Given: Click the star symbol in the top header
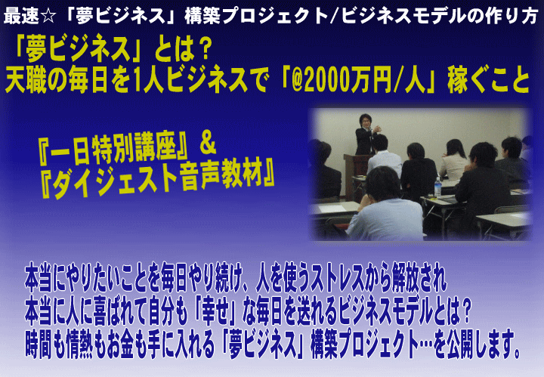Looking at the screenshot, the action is click(48, 16).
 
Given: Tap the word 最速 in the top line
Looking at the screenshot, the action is click(21, 16).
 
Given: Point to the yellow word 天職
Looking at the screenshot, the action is click(26, 80).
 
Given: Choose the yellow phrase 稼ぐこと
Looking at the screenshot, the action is click(489, 80).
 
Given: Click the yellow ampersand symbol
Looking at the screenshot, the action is click(208, 146).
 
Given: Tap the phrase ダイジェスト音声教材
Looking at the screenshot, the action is click(158, 179).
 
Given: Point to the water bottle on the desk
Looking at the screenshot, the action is click(437, 187).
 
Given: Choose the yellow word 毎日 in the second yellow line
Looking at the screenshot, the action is click(88, 80).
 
